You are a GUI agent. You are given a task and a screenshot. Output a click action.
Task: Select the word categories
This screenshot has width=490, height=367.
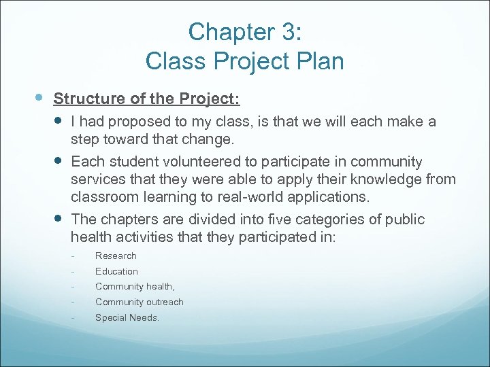click(310, 220)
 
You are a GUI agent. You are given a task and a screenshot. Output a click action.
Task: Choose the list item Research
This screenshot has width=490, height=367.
click(116, 256)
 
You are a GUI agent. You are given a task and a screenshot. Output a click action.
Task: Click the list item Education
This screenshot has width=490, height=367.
click(116, 271)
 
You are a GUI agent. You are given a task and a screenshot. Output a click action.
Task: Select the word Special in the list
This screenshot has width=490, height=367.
click(110, 317)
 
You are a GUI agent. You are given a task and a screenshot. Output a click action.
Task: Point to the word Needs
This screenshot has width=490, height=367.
click(144, 317)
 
